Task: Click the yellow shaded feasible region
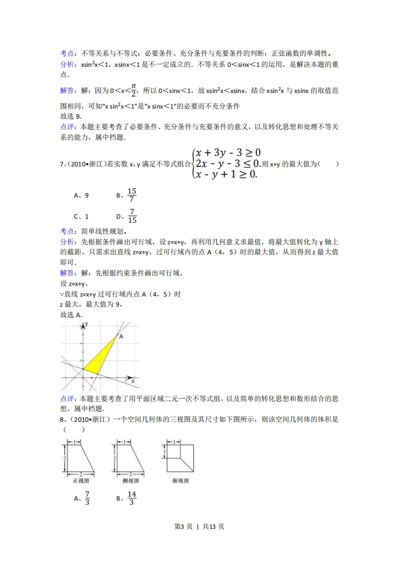coord(103,355)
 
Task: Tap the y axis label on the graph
coord(86,325)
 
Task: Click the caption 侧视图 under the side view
coord(130,481)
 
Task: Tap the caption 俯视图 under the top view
coord(180,481)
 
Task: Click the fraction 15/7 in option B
coord(132,195)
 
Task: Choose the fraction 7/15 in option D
coord(132,216)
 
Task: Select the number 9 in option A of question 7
coord(87,196)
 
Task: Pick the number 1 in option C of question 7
coord(87,216)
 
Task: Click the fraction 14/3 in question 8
coord(132,498)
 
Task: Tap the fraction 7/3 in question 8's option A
coord(87,498)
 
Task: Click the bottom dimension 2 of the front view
coord(81,474)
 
